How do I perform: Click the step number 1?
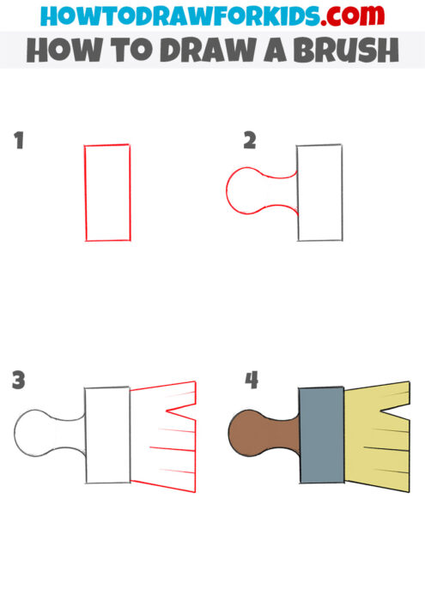18,141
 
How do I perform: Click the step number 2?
249,141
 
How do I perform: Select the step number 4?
252,380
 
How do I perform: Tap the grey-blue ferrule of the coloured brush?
321,435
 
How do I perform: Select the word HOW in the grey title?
56,51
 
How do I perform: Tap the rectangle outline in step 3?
107,435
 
